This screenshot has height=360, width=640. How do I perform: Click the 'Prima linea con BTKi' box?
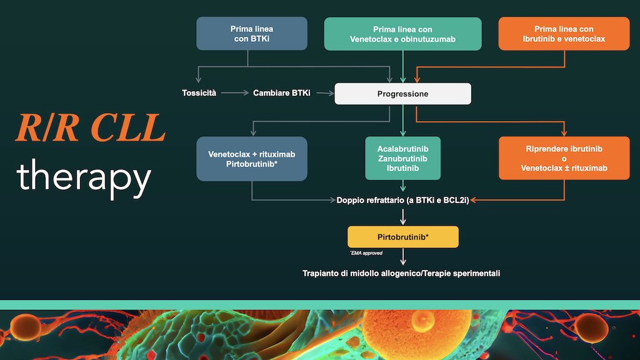click(252, 33)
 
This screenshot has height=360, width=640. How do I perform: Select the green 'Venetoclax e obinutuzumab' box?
click(402, 34)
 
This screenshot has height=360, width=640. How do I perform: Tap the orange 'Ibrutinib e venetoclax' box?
click(564, 34)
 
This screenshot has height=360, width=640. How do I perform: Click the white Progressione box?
click(402, 94)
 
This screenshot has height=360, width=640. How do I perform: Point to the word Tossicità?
click(199, 93)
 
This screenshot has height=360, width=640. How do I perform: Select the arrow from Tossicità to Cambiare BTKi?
click(234, 93)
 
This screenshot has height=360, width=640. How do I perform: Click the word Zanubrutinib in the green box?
click(402, 159)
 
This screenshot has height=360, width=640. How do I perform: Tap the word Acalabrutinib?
click(402, 149)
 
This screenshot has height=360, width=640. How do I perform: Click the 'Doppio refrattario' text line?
click(402, 200)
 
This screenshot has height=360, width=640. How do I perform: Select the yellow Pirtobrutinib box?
click(402, 237)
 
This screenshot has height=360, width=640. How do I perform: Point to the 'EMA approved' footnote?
click(366, 253)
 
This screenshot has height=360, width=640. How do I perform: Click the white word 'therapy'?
click(84, 176)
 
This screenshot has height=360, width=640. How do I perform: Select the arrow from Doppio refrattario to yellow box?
click(403, 217)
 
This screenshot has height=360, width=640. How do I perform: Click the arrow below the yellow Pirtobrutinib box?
click(403, 256)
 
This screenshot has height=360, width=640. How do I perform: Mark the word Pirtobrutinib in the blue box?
click(252, 164)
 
